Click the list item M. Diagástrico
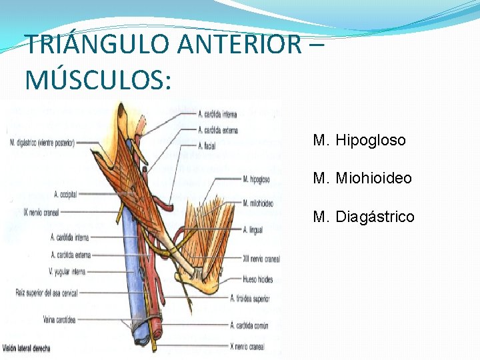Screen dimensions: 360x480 click(x=363, y=217)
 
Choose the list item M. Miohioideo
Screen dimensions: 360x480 click(x=362, y=179)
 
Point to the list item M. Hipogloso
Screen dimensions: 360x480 click(x=359, y=141)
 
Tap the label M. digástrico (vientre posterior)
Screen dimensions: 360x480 click(x=42, y=142)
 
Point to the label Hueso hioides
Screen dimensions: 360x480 click(x=257, y=279)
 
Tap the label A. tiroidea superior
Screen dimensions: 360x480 click(x=249, y=298)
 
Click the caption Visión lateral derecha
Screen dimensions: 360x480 click(x=26, y=348)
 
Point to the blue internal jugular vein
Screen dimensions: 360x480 click(x=132, y=267)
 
